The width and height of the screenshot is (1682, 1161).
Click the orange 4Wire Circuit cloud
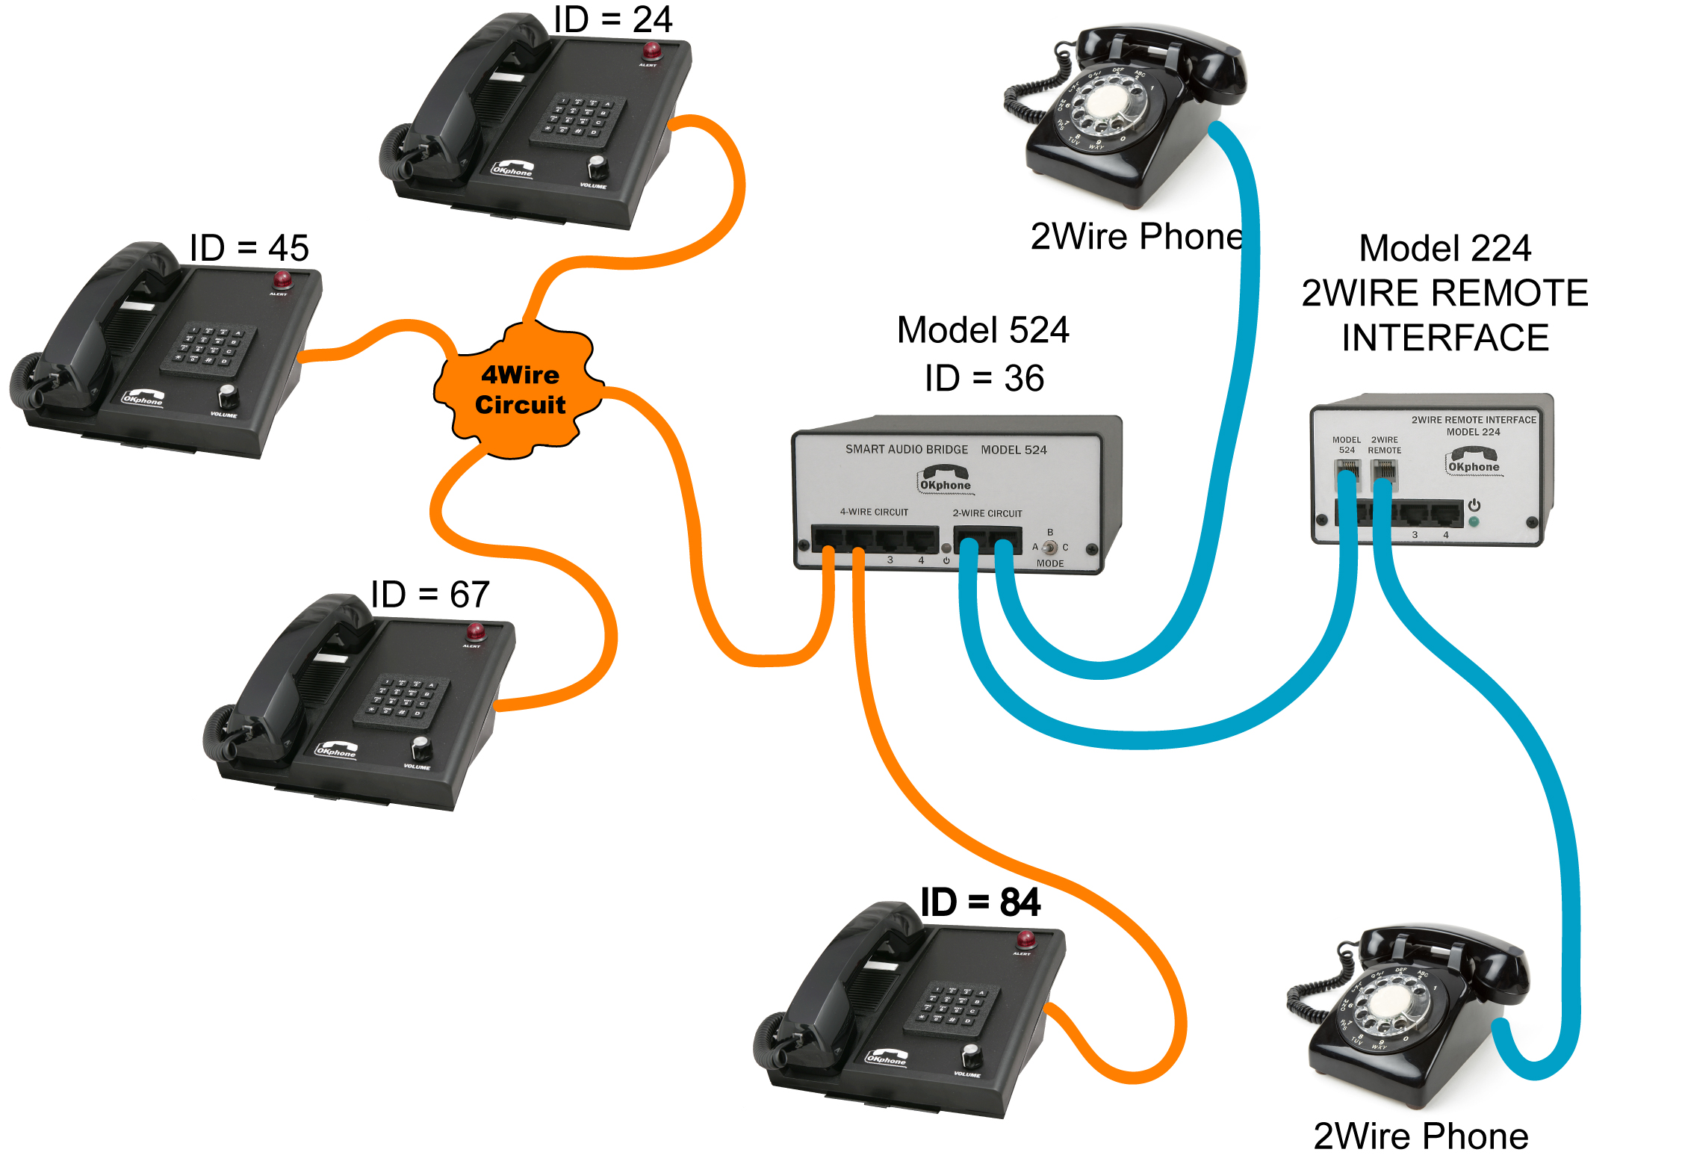pyautogui.click(x=520, y=390)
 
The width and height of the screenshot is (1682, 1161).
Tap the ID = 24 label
pyautogui.click(x=612, y=19)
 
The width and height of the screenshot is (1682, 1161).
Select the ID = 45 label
pyautogui.click(x=249, y=248)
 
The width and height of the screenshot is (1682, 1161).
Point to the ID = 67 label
pyautogui.click(x=430, y=595)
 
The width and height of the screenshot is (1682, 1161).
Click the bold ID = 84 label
pyautogui.click(x=980, y=903)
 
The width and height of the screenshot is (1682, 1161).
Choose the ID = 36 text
pyautogui.click(x=984, y=378)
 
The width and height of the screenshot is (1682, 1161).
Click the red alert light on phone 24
pyautogui.click(x=652, y=51)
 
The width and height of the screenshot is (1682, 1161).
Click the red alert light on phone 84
pyautogui.click(x=1026, y=939)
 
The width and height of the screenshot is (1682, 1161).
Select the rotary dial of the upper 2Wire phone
pyautogui.click(x=1108, y=109)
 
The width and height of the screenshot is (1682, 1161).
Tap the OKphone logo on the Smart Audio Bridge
pyautogui.click(x=945, y=479)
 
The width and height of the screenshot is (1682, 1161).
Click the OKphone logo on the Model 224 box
pyautogui.click(x=1473, y=460)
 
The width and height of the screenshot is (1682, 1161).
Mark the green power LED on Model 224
pyautogui.click(x=1474, y=522)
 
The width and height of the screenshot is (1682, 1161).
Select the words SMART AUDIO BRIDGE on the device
pyautogui.click(x=906, y=449)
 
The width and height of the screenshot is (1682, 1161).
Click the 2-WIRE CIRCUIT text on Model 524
pyautogui.click(x=987, y=513)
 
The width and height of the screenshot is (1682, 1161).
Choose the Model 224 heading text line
pyautogui.click(x=1444, y=248)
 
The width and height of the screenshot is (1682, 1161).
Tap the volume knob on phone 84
pyautogui.click(x=971, y=1055)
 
